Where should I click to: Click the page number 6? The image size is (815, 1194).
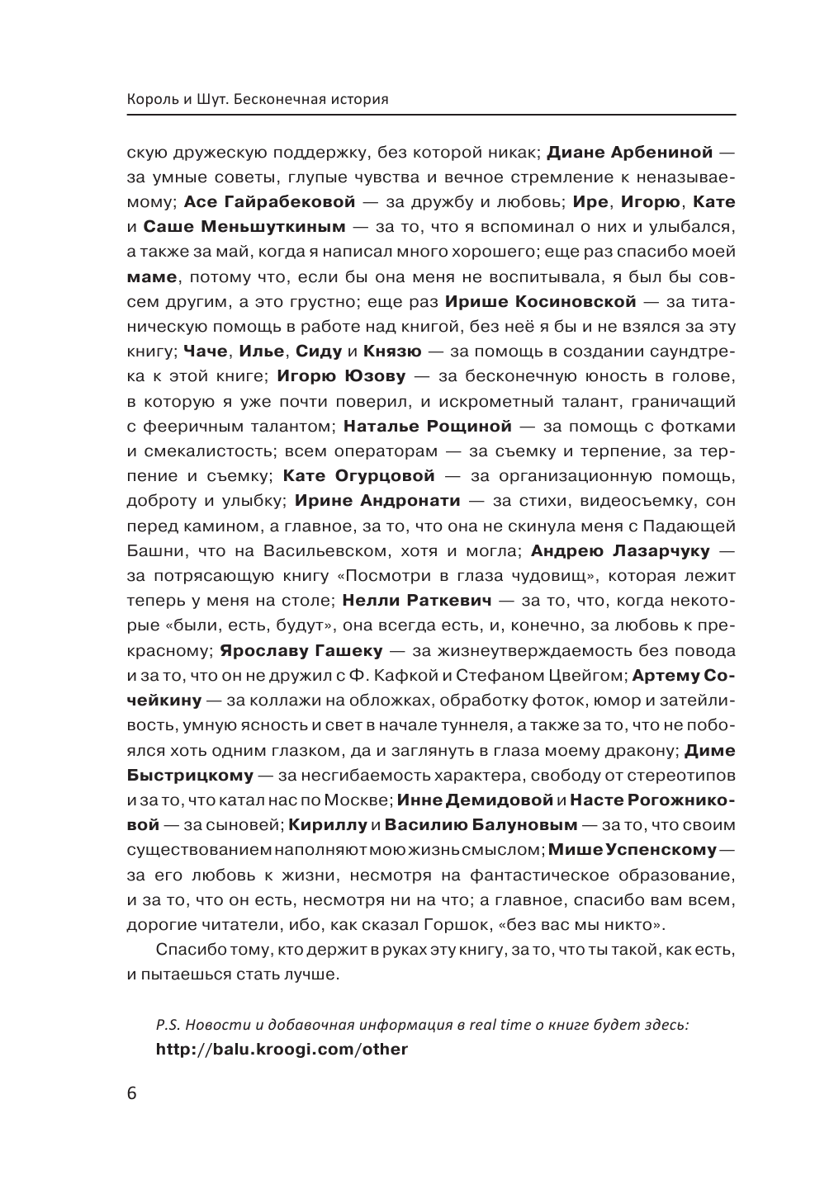click(x=133, y=1094)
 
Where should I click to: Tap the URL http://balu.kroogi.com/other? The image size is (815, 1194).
click(x=282, y=1050)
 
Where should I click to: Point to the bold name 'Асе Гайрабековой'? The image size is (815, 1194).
click(x=269, y=202)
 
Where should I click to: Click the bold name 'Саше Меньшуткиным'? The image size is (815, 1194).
click(x=244, y=227)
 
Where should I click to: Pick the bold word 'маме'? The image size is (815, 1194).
click(x=152, y=277)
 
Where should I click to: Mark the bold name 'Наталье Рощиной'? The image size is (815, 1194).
click(x=427, y=427)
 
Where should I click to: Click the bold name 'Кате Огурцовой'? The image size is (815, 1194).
click(x=358, y=476)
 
